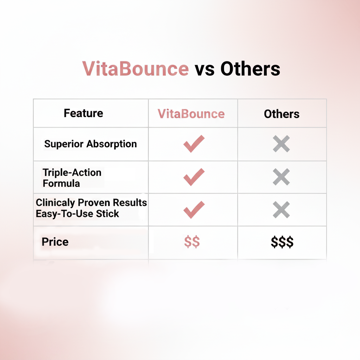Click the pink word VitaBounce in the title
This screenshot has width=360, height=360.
click(x=135, y=69)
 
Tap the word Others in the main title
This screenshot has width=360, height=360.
click(x=250, y=69)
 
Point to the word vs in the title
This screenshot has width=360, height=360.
click(x=204, y=69)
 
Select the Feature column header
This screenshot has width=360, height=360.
click(x=83, y=113)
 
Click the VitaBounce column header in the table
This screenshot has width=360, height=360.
click(x=191, y=114)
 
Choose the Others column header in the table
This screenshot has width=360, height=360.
click(x=282, y=114)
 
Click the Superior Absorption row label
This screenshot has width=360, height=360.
click(x=90, y=144)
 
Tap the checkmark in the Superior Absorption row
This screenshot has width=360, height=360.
click(x=194, y=144)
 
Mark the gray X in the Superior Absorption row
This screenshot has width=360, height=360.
click(x=282, y=144)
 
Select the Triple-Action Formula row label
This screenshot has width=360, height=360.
click(x=72, y=178)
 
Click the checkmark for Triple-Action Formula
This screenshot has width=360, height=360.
click(x=194, y=177)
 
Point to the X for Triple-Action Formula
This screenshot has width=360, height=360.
click(x=282, y=177)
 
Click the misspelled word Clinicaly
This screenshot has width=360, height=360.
click(x=56, y=203)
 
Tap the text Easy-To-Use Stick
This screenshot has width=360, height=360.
click(x=77, y=213)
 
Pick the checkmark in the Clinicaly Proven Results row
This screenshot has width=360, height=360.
click(x=194, y=210)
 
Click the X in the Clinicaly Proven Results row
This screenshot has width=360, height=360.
click(x=282, y=210)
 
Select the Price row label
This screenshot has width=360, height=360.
click(x=55, y=242)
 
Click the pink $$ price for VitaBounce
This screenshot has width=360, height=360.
click(x=192, y=242)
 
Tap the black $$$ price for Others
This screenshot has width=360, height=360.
click(x=282, y=242)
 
